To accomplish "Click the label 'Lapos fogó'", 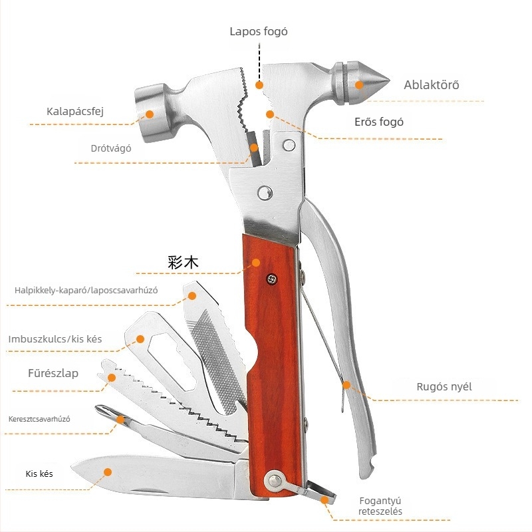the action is point(259,32).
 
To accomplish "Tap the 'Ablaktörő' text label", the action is point(431,85).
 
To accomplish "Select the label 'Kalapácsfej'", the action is point(75,111).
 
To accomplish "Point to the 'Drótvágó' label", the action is point(111,148).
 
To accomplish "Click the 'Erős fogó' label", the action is point(379,122).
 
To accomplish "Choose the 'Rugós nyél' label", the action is point(444,387).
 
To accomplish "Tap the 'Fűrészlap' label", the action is point(53,373).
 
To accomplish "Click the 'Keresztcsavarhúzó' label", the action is point(39,419).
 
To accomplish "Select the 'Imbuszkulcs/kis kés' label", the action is point(55,339).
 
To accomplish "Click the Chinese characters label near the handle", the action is point(183,262).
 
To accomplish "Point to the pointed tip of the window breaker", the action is point(390,81).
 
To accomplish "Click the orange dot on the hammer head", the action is point(149,114).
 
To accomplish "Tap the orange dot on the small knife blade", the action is point(108,472).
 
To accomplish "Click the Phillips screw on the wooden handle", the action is point(271,279).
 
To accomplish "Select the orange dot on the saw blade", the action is point(112,378).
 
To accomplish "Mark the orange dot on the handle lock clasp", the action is point(325,500).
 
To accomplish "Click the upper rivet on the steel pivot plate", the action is point(289,145).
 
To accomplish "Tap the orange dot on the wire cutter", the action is point(254,148).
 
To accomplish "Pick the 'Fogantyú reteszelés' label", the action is point(380,506).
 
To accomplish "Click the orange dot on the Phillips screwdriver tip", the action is point(120,420).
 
